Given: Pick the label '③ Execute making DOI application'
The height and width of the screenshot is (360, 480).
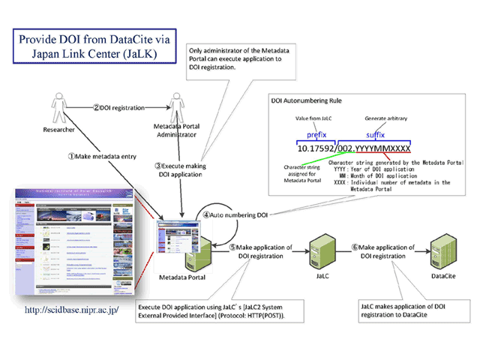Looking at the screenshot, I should (179, 169).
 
